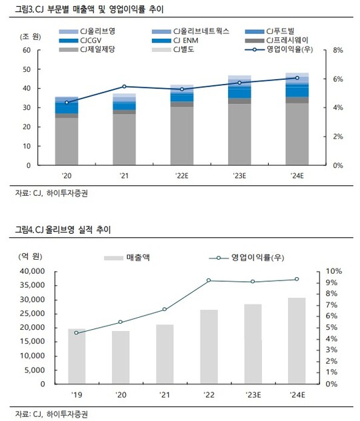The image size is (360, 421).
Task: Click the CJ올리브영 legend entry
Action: click(x=87, y=31)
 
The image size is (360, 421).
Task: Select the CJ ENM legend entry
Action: click(x=175, y=41)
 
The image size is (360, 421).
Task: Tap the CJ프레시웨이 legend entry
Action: click(x=277, y=40)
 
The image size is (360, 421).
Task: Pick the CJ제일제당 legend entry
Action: click(x=87, y=49)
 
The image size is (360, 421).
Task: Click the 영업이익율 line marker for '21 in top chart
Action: click(x=124, y=87)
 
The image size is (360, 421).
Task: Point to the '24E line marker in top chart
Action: click(x=297, y=78)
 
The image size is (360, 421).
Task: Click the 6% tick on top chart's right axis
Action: click(x=338, y=79)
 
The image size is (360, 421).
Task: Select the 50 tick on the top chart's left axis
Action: click(x=27, y=69)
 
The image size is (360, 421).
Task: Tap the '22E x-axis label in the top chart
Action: click(x=182, y=176)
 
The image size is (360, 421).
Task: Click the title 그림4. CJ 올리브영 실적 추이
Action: click(x=63, y=230)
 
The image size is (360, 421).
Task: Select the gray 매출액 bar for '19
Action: click(x=77, y=356)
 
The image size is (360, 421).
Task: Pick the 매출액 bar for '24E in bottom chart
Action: click(x=297, y=340)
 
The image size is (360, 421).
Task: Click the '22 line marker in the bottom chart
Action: click(x=209, y=280)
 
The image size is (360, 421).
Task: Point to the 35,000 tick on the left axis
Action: click(x=32, y=285)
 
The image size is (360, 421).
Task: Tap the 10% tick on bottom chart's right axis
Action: click(x=334, y=271)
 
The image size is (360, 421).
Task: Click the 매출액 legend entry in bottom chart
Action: click(x=127, y=258)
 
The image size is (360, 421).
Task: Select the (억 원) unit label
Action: click(x=30, y=256)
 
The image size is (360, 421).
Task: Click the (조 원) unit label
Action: click(x=31, y=37)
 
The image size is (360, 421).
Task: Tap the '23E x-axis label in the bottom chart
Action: click(x=253, y=395)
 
